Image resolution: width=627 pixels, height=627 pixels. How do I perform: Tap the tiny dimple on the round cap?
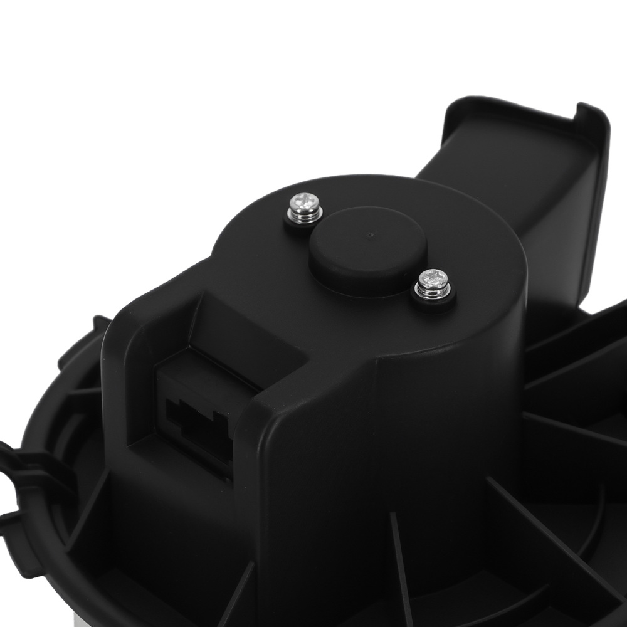(372, 236)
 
